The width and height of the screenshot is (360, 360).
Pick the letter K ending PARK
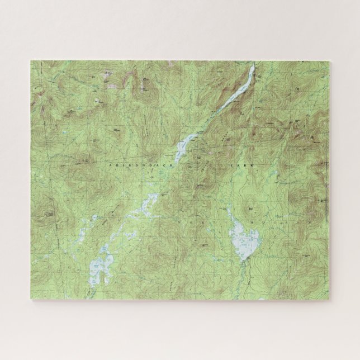[x=252, y=167]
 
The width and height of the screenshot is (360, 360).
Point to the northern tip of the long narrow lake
[x=253, y=68]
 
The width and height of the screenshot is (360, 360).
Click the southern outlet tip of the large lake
[x=242, y=260]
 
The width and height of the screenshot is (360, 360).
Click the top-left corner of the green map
[x=31, y=61]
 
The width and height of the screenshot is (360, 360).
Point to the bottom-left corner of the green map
[x=31, y=300]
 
